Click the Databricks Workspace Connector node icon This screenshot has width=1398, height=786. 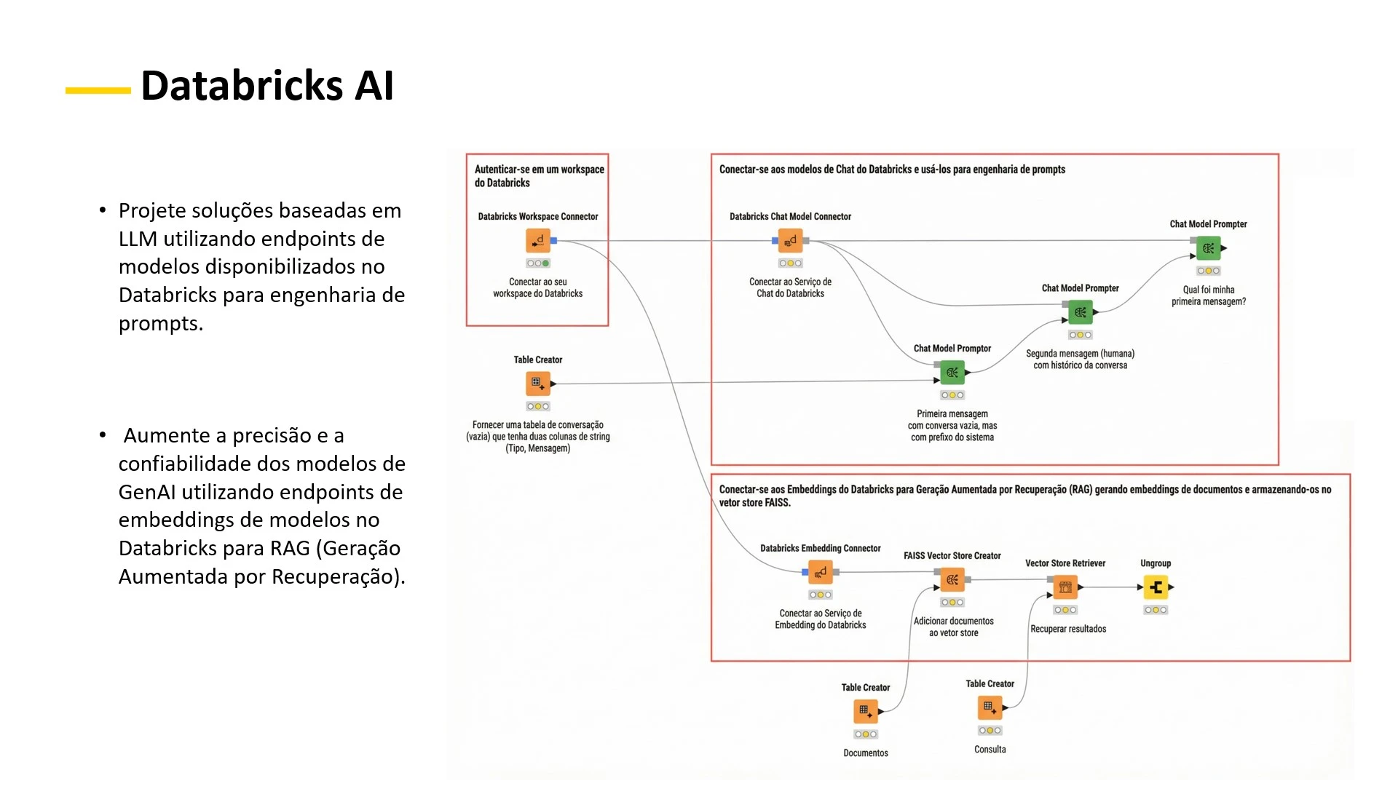pos(538,240)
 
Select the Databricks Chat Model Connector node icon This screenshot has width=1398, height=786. pos(790,240)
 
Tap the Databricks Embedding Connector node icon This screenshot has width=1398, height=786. pos(821,572)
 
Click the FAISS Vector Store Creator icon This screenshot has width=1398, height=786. pos(952,580)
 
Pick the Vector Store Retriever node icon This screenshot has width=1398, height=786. pos(1065,587)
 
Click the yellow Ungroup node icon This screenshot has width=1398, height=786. pos(1156,587)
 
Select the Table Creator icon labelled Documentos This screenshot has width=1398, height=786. pos(866,711)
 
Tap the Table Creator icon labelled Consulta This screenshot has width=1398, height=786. pos(990,707)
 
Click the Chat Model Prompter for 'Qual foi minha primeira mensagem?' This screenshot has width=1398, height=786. pos(1209,248)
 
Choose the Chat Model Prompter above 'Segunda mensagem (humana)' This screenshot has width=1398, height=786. pos(1081,312)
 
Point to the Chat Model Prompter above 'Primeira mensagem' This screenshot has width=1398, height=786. pos(952,373)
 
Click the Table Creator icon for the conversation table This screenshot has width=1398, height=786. pos(538,384)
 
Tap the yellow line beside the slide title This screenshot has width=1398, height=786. pos(98,91)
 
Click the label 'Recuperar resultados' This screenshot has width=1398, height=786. pos(1068,629)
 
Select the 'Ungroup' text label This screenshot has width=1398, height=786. pos(1156,563)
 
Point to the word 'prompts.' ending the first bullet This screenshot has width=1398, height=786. pos(161,323)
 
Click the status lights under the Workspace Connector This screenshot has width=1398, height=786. pos(538,263)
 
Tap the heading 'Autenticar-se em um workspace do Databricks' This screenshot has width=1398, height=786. pos(539,175)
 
